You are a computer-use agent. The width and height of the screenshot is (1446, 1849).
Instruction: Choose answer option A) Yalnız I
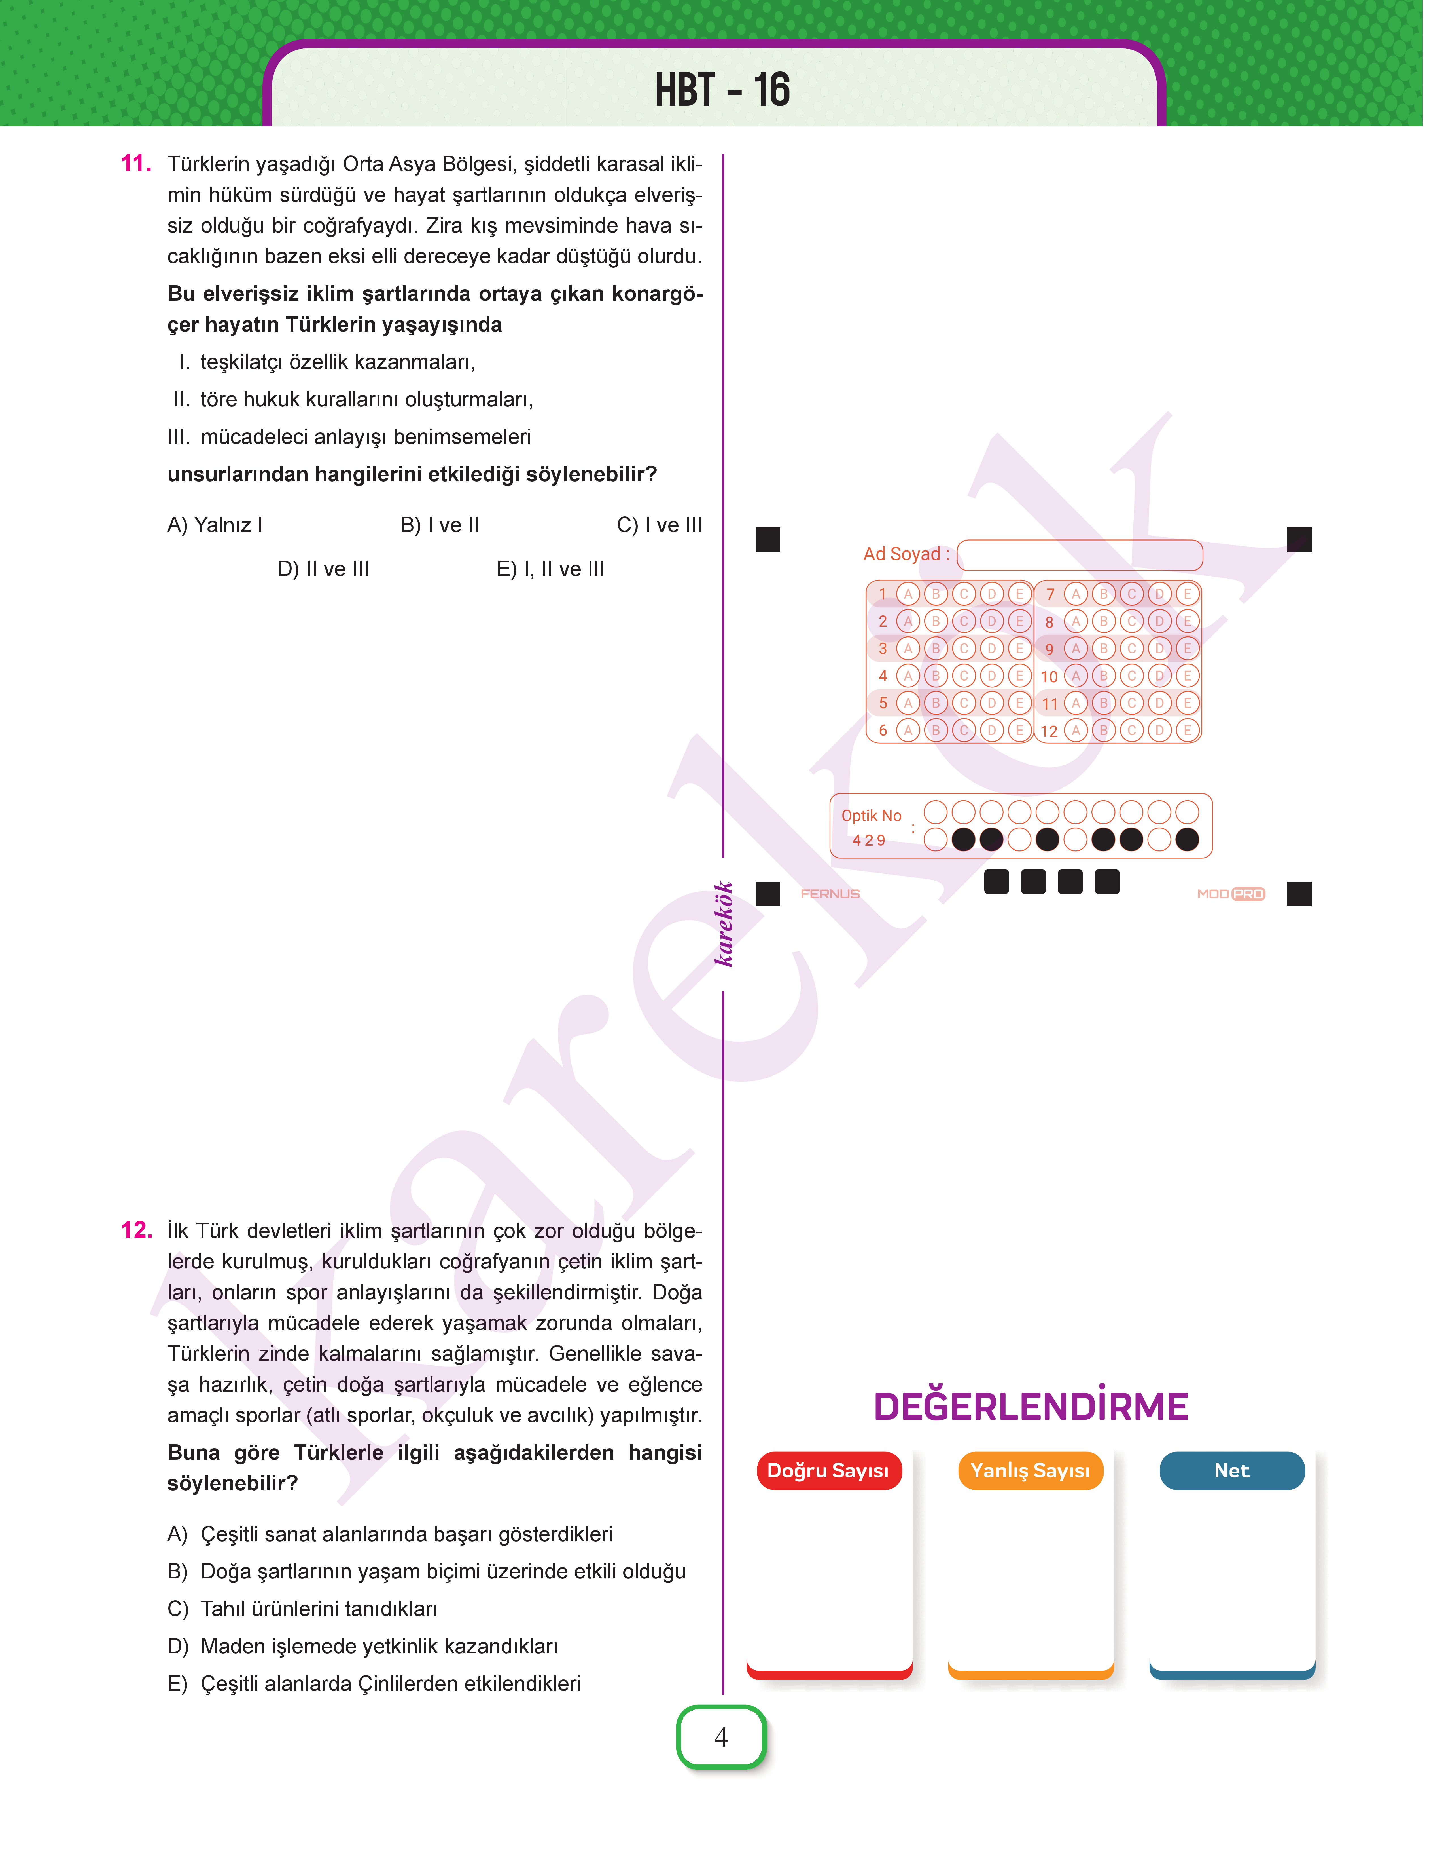pos(215,525)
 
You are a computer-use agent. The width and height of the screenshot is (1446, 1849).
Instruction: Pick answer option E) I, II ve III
pos(550,569)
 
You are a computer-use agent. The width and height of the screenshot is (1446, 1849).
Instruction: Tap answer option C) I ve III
pos(659,525)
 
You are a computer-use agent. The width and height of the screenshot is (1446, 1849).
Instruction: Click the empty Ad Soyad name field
pos(1080,555)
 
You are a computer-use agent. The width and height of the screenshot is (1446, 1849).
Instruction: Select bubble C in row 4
pos(963,676)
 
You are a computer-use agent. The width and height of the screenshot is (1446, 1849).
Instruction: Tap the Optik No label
pos(871,816)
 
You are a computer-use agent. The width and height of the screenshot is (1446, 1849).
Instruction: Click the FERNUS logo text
pos(830,894)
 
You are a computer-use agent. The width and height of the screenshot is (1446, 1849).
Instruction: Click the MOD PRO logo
pos(1230,894)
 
